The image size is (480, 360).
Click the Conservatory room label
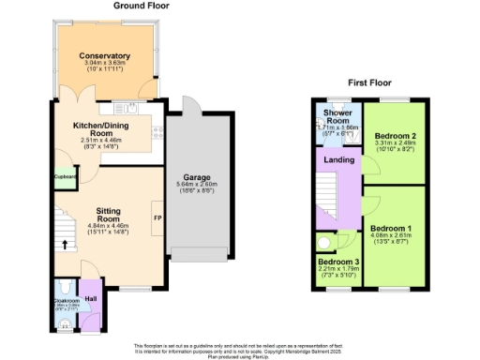pos(104,56)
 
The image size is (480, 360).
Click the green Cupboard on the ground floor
pos(65,176)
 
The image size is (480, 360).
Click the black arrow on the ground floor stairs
pos(65,247)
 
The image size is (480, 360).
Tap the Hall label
pos(91,299)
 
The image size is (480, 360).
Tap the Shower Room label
pos(337,116)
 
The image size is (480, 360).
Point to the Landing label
pos(339,160)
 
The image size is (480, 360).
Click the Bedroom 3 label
pos(337,262)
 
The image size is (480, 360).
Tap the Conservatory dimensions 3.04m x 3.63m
pos(104,64)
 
